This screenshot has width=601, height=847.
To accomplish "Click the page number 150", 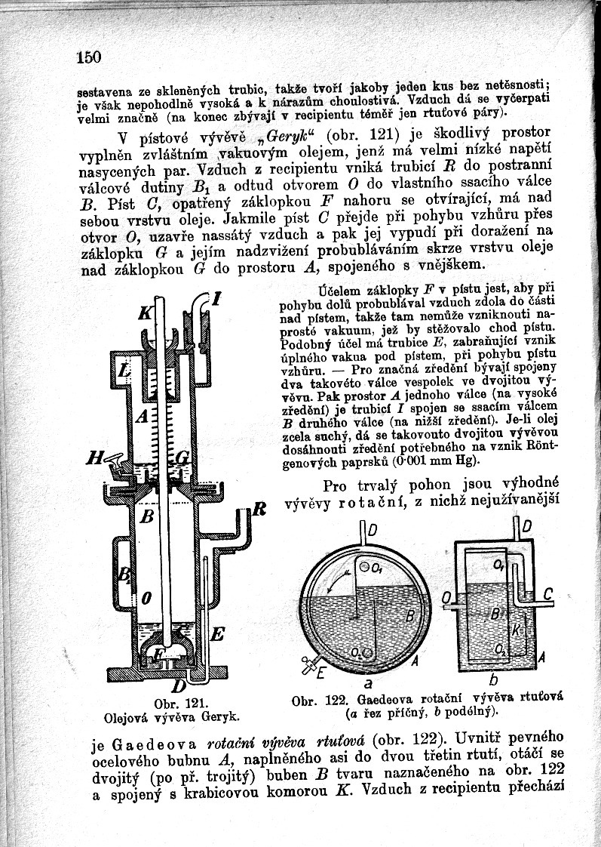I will pyautogui.click(x=88, y=57).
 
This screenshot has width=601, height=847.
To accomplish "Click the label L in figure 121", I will pyautogui.click(x=126, y=371).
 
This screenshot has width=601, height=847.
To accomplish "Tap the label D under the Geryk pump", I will pyautogui.click(x=177, y=685).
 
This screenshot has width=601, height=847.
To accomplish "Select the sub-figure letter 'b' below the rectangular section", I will pyautogui.click(x=493, y=682).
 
